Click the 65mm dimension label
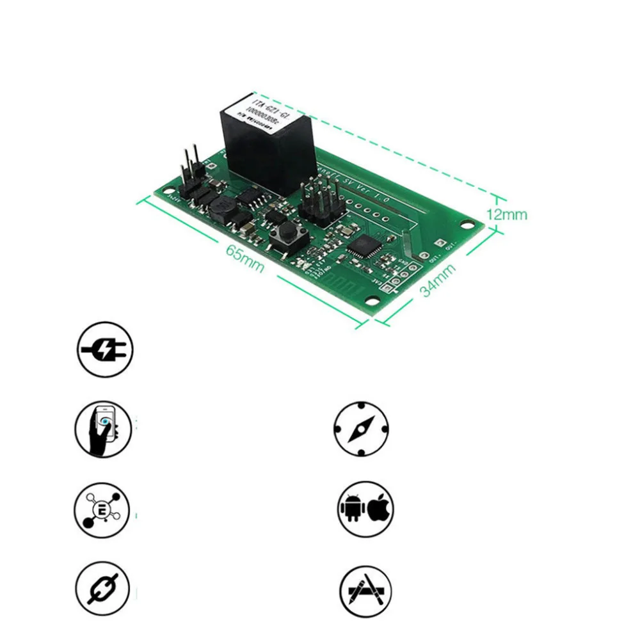tap(244, 257)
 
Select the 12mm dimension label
tap(506, 214)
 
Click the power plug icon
tap(104, 349)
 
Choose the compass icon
tap(362, 429)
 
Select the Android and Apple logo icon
tap(365, 509)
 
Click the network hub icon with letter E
tap(103, 509)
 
